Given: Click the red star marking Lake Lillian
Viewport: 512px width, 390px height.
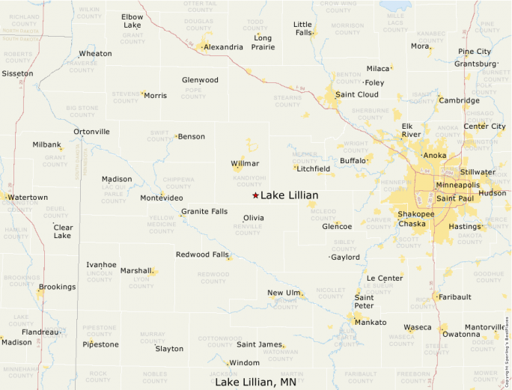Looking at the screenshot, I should pos(255,195).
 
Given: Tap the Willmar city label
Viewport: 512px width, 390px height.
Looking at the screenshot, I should pos(245,163).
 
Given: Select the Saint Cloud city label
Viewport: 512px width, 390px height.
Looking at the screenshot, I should pos(356,94).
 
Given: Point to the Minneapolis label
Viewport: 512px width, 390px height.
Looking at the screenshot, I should pos(457,185).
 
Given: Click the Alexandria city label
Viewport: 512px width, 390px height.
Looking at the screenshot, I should pos(223,47).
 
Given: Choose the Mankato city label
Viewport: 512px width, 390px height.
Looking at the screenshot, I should pos(371,323).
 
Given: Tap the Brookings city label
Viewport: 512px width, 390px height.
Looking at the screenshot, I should pos(57,287).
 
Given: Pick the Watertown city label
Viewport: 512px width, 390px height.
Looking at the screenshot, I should pos(28,198).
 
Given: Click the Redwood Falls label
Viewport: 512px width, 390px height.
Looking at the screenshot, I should pos(202,255).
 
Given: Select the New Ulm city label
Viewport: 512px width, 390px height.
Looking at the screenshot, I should pos(284,293).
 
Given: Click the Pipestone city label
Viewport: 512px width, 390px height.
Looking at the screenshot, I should pos(100,345).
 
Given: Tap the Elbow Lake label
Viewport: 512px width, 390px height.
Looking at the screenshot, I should pos(132,20).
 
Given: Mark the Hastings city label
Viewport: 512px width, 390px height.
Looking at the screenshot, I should pos(464,227).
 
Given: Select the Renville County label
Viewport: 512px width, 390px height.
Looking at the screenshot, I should pos(248,229).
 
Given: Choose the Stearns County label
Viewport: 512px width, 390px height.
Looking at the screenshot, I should pos(287,101).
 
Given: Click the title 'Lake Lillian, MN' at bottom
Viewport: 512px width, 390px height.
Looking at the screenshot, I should pos(256,382).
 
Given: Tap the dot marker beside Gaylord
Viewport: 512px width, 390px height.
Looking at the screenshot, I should pos(329,258).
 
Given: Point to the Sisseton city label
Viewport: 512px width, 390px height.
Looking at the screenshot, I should pos(17,74).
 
